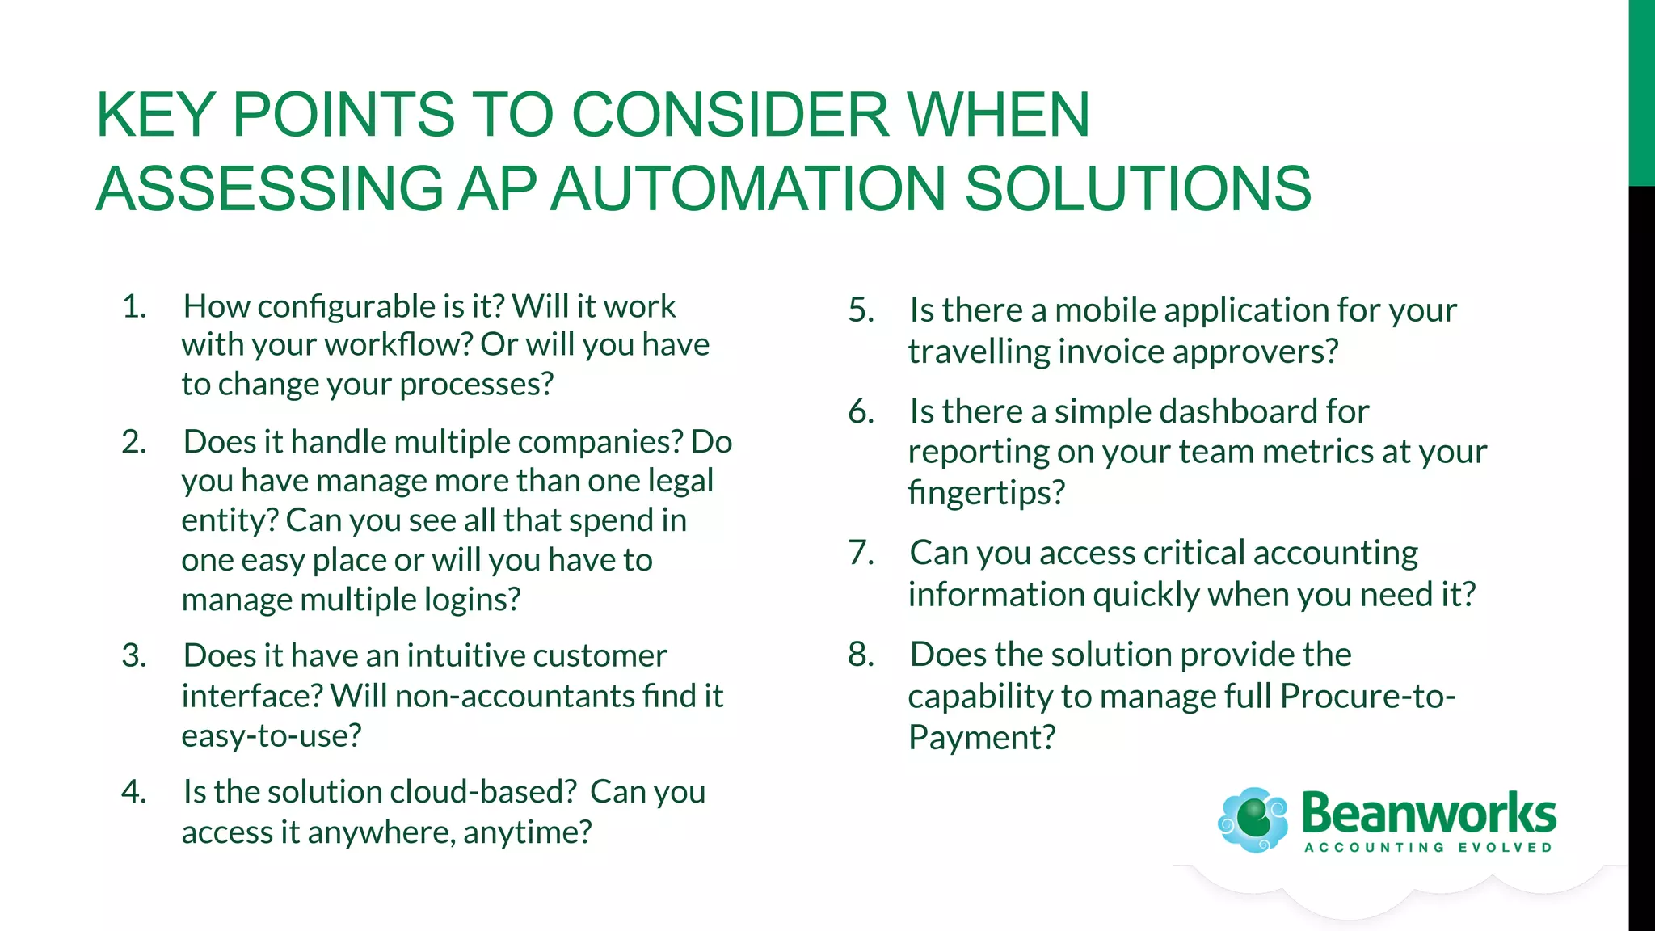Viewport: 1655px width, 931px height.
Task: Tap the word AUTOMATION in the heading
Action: [747, 188]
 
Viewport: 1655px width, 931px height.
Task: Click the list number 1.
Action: [133, 307]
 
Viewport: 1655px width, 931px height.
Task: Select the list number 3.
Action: [133, 655]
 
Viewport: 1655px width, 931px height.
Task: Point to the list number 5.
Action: [861, 310]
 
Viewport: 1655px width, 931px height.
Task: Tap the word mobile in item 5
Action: [1106, 310]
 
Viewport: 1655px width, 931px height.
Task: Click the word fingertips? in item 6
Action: [987, 492]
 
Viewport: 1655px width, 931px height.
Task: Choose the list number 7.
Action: [861, 554]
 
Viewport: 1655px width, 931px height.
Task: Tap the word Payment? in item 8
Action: [982, 738]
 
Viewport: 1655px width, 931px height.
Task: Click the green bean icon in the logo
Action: [1253, 819]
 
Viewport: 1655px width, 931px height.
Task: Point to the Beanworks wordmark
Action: [1428, 813]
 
